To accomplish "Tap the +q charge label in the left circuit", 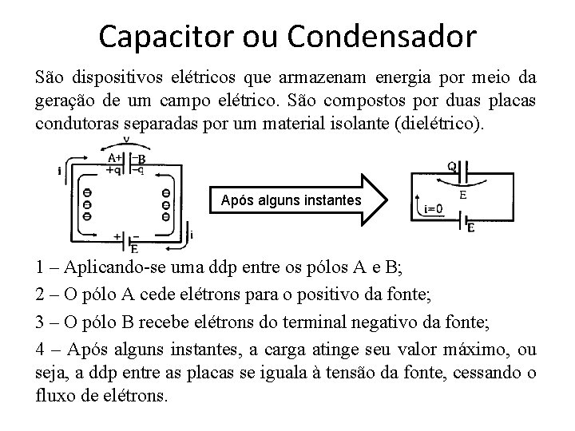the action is (113, 168).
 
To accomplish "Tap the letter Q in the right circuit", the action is (452, 167).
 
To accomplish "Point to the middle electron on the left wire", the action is (86, 204).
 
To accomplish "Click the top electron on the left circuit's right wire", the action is (165, 193).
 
